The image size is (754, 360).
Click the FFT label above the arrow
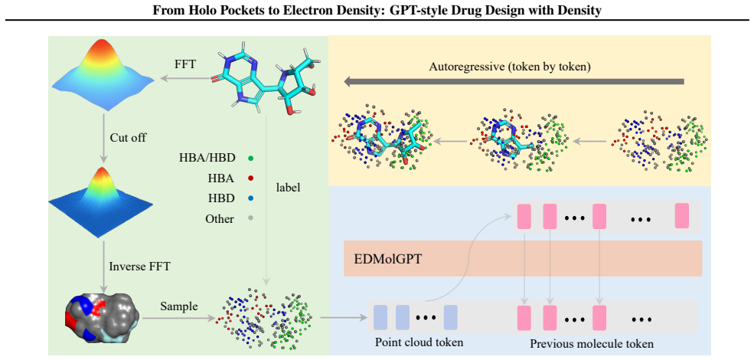[185, 64]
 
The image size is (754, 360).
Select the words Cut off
[128, 138]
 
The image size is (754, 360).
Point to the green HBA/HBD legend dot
[250, 159]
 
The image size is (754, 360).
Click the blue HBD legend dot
[250, 198]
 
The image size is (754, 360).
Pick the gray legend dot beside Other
[250, 218]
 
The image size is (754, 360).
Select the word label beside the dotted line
[288, 188]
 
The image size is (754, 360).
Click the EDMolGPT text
[382, 259]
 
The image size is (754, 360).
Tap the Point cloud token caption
[419, 342]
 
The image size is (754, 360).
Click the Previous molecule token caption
[592, 344]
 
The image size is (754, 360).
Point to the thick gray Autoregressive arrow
[514, 82]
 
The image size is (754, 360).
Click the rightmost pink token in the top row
[682, 215]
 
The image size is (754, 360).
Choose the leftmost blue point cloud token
[380, 317]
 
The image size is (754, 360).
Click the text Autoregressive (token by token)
[509, 67]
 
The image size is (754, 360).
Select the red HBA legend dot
[250, 178]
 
